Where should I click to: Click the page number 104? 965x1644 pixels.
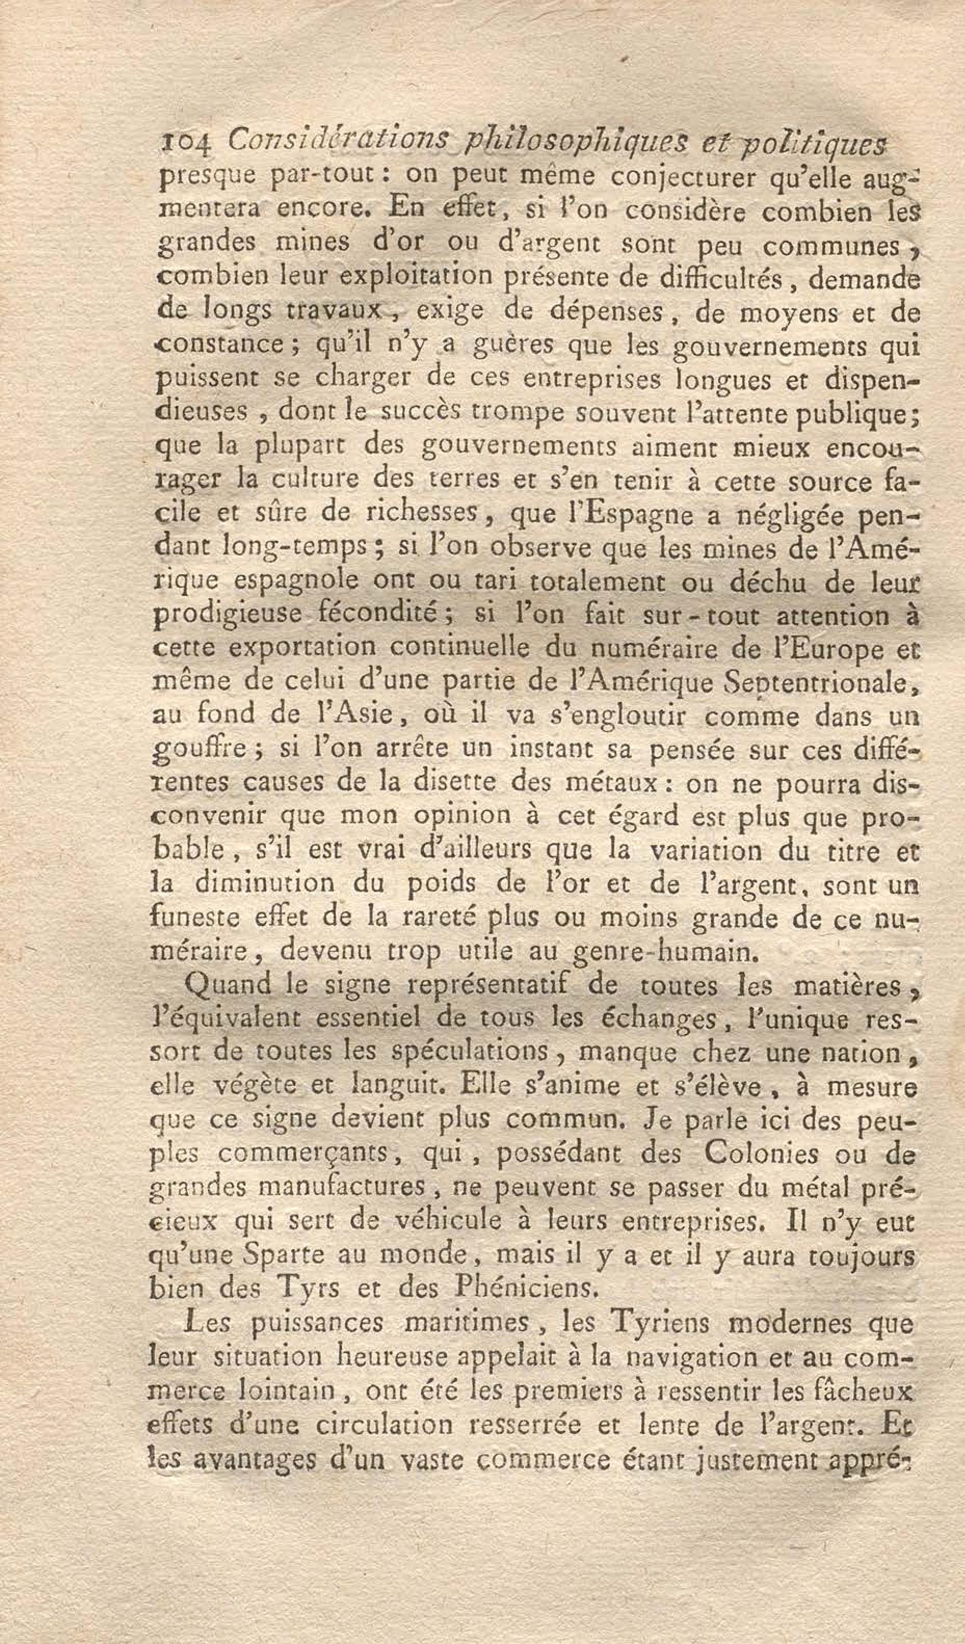(x=184, y=143)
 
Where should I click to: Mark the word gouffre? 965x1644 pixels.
(x=197, y=750)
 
